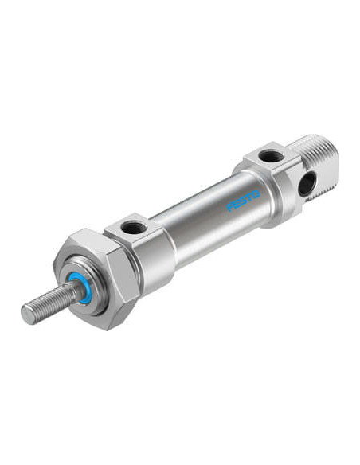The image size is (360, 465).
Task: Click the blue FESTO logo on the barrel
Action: tap(243, 201)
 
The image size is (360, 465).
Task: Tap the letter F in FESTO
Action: tap(229, 207)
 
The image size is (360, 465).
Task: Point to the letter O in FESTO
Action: tap(256, 194)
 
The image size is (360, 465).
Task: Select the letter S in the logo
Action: tap(243, 201)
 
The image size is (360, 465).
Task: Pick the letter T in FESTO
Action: tap(249, 197)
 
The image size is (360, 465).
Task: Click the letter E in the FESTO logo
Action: tap(236, 204)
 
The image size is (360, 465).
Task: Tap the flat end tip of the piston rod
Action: tap(28, 314)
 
